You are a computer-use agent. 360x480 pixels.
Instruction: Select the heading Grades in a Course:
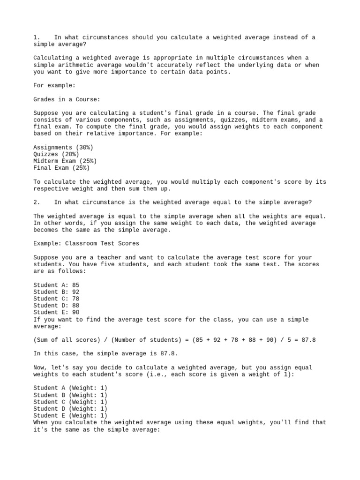click(67, 99)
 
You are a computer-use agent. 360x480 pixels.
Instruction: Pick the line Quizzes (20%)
click(56, 154)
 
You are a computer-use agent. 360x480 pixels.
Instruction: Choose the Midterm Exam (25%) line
click(65, 161)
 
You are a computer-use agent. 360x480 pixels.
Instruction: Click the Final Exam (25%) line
click(61, 168)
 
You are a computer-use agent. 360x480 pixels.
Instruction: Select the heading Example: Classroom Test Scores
click(86, 243)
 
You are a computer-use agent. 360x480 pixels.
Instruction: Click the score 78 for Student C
click(75, 299)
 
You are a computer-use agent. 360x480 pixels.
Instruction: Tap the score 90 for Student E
click(75, 312)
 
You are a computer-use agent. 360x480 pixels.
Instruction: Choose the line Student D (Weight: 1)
click(70, 409)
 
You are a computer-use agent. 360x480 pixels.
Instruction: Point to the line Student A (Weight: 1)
click(70, 388)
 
